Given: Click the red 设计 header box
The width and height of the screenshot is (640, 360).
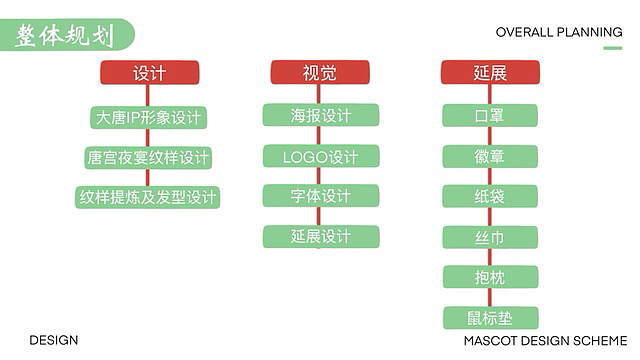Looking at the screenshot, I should coord(149,73).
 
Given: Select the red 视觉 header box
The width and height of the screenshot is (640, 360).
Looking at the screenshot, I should coord(320,73).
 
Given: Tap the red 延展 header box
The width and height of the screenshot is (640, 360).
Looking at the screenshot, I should coord(490,73).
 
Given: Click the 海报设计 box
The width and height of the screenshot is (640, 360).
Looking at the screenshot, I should coord(321,116).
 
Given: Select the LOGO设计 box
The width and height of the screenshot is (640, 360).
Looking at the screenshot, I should coord(321,157).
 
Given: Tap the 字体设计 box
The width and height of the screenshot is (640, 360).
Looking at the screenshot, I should coord(321,196).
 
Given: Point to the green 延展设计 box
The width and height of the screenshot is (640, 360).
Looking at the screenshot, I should coord(321,237).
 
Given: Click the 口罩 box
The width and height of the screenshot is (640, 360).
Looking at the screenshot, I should coord(490,116).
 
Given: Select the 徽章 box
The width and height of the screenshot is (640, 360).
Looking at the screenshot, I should coord(490,156).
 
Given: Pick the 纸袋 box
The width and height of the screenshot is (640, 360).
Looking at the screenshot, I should coord(490,196).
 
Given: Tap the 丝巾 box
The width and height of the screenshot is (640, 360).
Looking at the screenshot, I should coord(490,237).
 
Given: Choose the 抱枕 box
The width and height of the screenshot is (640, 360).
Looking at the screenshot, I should coord(490,277).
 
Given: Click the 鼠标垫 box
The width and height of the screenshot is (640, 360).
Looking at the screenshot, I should coord(490,318).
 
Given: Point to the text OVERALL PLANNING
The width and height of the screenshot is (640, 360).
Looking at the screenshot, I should coord(559,31).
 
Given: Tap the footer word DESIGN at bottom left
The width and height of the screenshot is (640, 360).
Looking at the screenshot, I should coord(54,341).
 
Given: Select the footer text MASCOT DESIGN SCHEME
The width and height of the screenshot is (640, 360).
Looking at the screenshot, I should coord(545,341).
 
